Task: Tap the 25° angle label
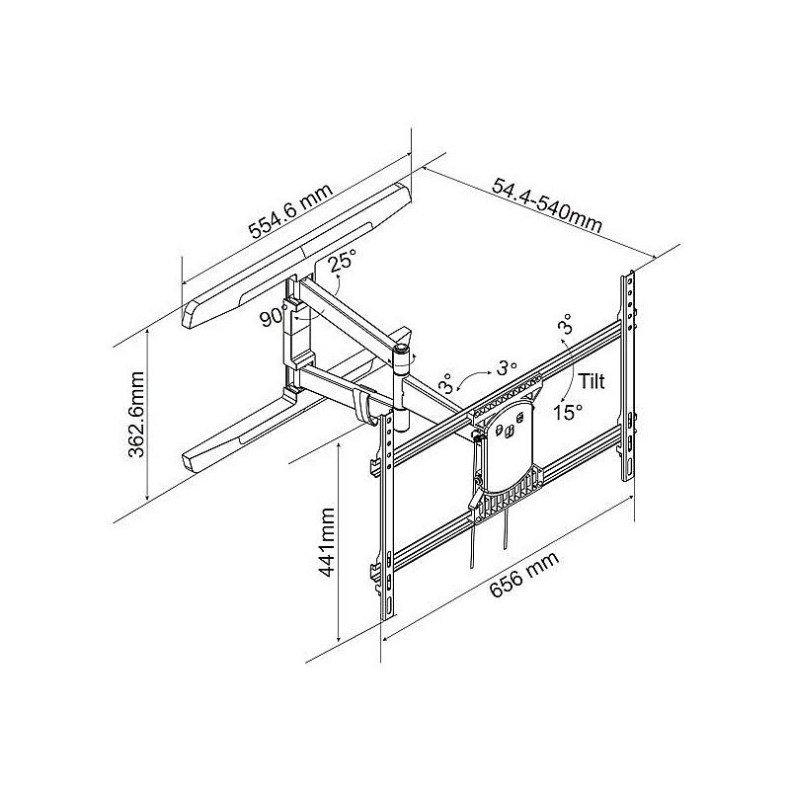[343, 262]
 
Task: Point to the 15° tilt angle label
[567, 412]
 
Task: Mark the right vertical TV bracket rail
[627, 375]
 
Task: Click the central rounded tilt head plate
[509, 444]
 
